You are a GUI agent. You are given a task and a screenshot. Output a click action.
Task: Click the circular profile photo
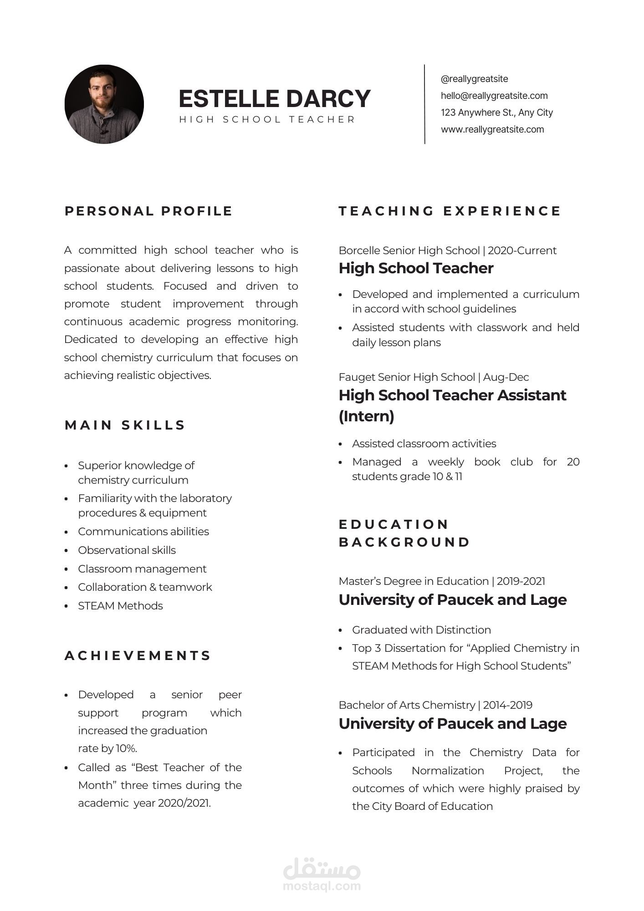(x=104, y=104)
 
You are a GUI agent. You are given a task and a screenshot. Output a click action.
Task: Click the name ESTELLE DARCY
(x=274, y=99)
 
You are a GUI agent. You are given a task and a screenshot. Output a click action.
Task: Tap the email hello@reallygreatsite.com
(x=494, y=96)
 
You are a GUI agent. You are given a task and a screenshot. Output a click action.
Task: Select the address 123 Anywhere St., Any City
(x=496, y=113)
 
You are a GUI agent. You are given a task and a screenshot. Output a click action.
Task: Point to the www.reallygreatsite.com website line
(x=492, y=129)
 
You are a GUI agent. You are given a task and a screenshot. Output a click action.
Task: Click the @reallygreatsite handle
(x=474, y=79)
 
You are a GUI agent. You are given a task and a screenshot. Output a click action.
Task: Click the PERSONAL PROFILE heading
(x=148, y=211)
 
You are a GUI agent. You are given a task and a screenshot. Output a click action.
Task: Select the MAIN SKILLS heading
(x=125, y=425)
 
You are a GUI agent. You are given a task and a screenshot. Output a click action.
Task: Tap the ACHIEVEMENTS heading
(x=138, y=656)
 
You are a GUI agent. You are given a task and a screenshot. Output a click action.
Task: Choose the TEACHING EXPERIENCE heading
(x=450, y=211)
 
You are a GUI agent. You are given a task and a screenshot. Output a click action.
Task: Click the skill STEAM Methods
(x=120, y=606)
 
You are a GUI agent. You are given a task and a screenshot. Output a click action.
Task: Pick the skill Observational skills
(x=127, y=550)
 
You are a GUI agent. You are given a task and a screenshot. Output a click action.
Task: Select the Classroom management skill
(x=142, y=569)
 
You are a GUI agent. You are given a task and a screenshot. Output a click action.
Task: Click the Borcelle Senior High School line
(x=447, y=251)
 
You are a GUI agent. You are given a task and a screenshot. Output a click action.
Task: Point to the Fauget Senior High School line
(x=434, y=377)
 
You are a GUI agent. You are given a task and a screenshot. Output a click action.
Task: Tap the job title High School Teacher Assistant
(x=452, y=395)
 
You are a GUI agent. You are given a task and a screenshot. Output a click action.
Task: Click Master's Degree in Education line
(x=442, y=581)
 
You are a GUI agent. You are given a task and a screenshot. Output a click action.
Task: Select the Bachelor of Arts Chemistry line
(x=435, y=705)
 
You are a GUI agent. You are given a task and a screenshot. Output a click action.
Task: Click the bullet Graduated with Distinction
(x=421, y=630)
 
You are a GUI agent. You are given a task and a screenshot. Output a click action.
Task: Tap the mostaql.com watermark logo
(x=322, y=875)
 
